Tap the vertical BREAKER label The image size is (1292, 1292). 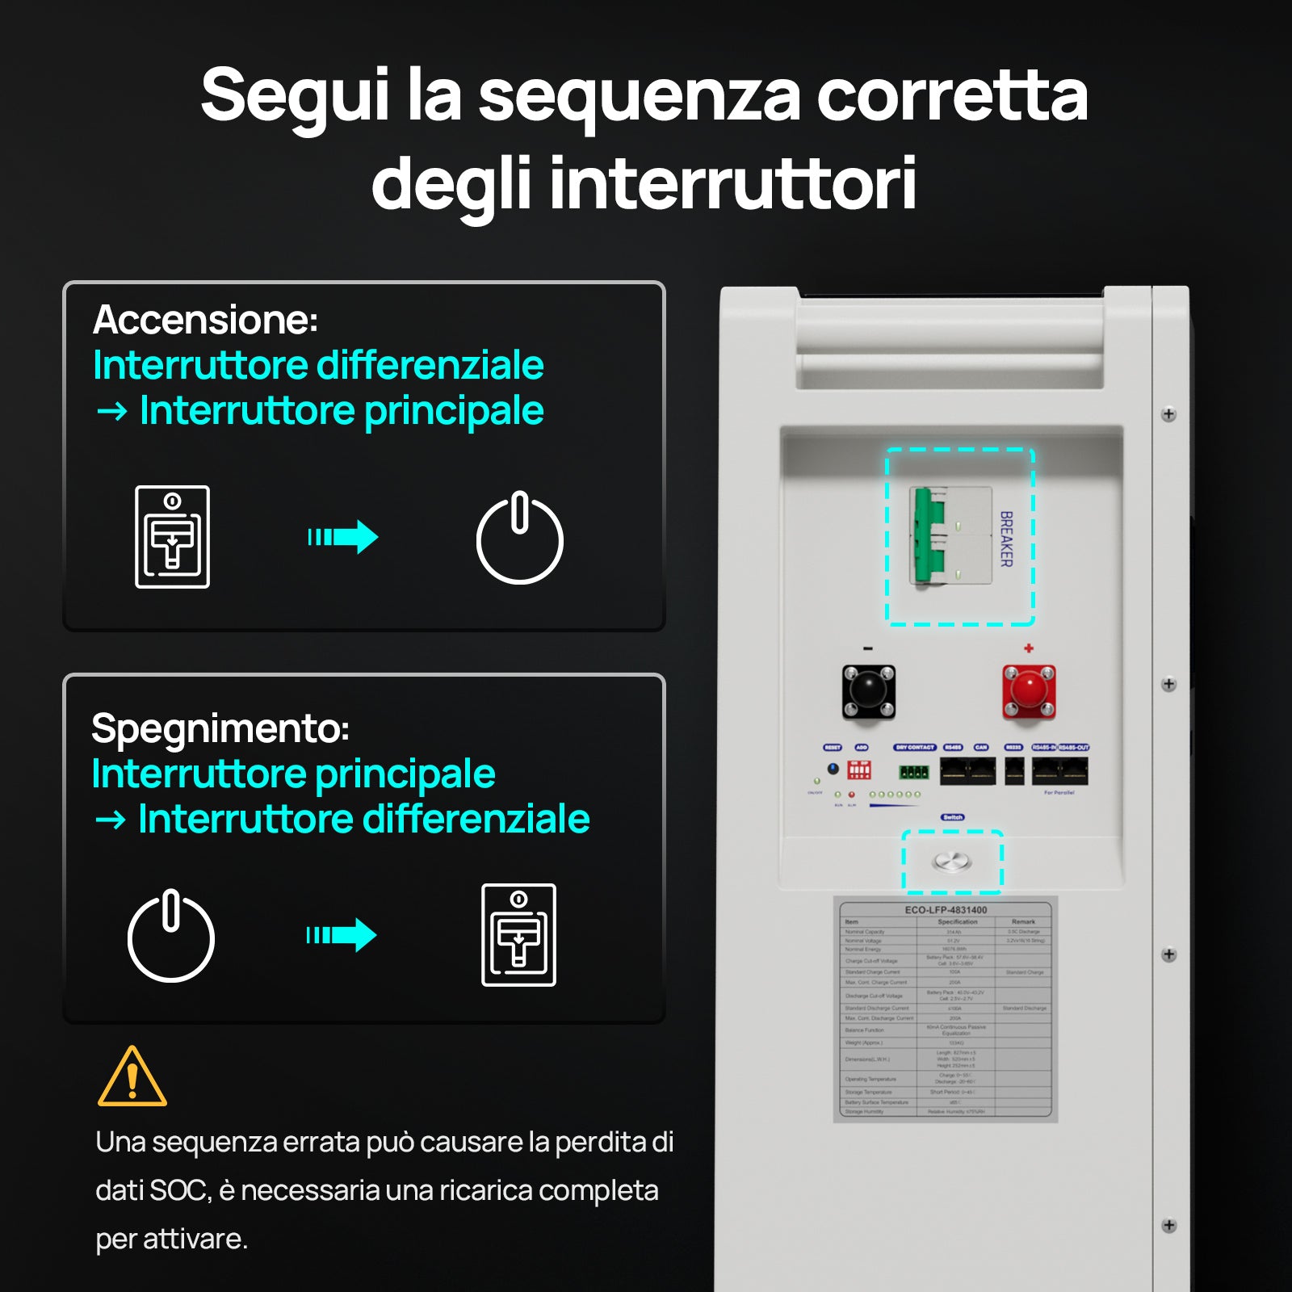[1006, 539]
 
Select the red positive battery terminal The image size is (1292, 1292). [1029, 691]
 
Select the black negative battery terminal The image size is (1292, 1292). [868, 691]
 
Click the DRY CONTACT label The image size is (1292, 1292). [914, 747]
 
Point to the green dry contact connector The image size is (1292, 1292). [914, 772]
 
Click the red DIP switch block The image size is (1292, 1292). [859, 770]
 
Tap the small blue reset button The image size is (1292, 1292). [833, 769]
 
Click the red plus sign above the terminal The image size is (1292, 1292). [1029, 648]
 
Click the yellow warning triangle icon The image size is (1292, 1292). [132, 1077]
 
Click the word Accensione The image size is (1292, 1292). [205, 320]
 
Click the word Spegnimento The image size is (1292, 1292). [220, 728]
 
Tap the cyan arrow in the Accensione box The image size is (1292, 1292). [343, 537]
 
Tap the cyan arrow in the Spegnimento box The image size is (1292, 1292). [342, 935]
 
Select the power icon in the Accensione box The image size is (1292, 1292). [519, 538]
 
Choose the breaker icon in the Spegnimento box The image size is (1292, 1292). [518, 935]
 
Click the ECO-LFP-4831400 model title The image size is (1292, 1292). [946, 909]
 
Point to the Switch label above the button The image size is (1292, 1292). [952, 817]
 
